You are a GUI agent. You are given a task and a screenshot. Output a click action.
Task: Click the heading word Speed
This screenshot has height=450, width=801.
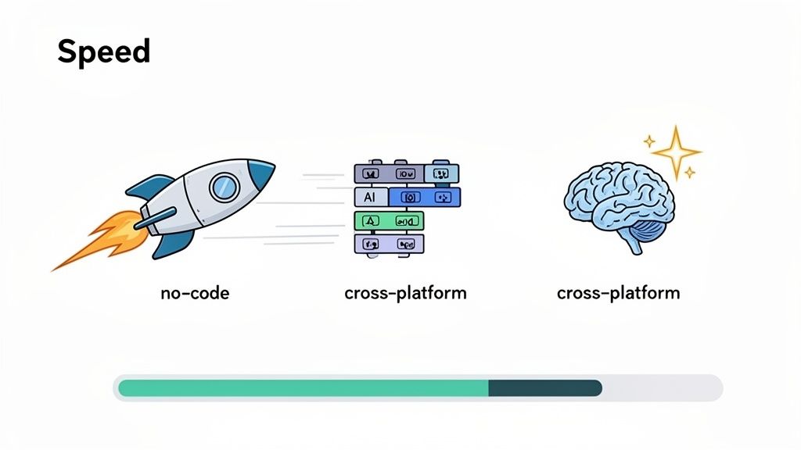pyautogui.click(x=103, y=52)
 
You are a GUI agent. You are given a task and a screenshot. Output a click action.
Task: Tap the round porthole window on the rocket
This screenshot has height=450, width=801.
pyautogui.click(x=224, y=186)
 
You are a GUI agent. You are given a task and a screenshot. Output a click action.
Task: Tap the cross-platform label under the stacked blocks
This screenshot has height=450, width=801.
pyautogui.click(x=405, y=293)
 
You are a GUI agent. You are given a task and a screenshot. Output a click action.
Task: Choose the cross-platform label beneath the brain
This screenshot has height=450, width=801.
pyautogui.click(x=618, y=293)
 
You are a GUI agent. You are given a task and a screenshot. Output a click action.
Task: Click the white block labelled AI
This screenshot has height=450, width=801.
pyautogui.click(x=371, y=198)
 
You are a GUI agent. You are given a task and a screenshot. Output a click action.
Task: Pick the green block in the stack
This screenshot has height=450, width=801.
pyautogui.click(x=389, y=221)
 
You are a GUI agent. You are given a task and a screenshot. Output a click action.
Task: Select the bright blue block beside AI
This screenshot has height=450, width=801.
pyautogui.click(x=425, y=197)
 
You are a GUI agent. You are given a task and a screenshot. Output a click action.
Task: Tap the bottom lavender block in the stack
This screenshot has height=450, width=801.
pyautogui.click(x=389, y=245)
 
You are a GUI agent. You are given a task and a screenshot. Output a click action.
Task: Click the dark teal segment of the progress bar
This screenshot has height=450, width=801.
pyautogui.click(x=544, y=388)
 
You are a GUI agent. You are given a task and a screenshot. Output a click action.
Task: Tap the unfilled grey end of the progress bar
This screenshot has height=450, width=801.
pyautogui.click(x=661, y=388)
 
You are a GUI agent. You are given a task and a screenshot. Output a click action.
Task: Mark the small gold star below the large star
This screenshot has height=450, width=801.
pyautogui.click(x=689, y=173)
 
